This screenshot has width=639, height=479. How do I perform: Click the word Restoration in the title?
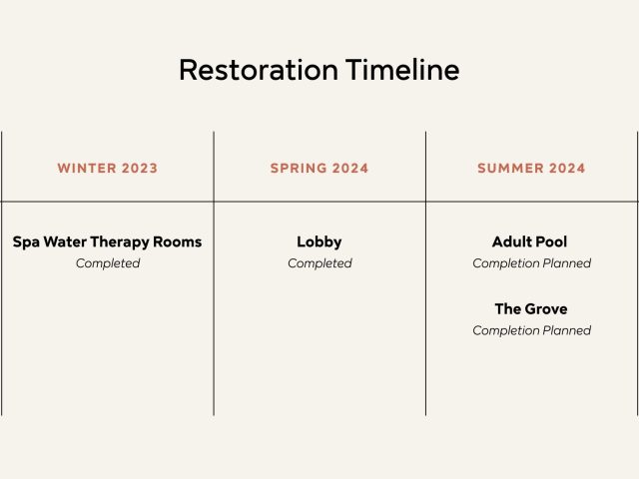(x=259, y=70)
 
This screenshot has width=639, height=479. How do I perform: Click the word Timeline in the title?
(x=402, y=70)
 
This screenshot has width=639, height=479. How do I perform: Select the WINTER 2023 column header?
(x=108, y=169)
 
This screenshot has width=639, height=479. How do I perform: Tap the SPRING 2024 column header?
(x=319, y=169)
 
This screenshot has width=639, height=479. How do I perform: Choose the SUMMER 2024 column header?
(x=531, y=169)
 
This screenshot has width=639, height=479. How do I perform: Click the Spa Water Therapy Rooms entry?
(x=107, y=241)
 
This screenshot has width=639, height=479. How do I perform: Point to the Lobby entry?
(x=319, y=241)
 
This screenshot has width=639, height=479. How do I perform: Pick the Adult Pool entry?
(x=530, y=241)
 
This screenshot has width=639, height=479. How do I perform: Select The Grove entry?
(x=531, y=308)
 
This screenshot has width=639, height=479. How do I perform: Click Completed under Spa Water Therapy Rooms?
(x=108, y=263)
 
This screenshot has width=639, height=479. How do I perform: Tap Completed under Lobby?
(x=319, y=263)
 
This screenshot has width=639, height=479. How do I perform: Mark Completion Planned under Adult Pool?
(x=532, y=263)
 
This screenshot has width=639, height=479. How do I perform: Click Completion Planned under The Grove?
(x=532, y=330)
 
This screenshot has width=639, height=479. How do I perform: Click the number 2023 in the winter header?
(x=140, y=169)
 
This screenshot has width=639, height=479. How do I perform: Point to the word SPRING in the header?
(x=299, y=169)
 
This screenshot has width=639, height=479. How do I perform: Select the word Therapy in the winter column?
(x=120, y=242)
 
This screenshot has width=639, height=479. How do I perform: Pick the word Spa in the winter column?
(x=26, y=242)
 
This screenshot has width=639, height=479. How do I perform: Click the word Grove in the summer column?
(x=547, y=308)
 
